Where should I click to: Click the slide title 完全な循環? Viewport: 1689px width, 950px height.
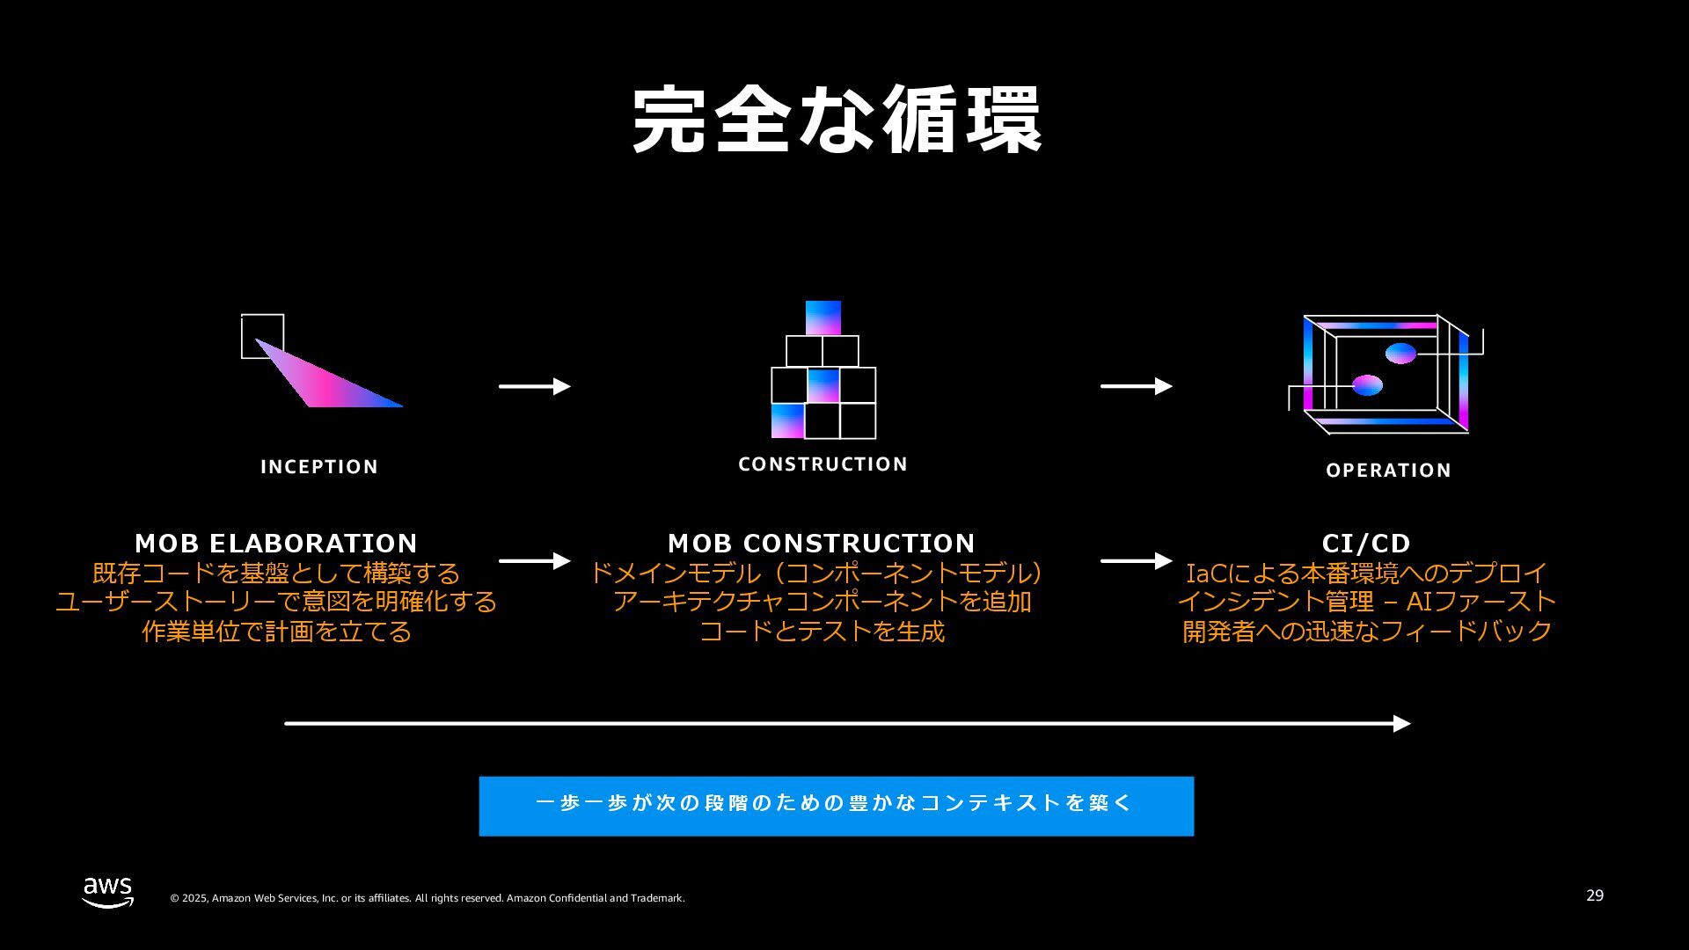point(837,121)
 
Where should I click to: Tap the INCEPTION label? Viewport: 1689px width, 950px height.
point(319,467)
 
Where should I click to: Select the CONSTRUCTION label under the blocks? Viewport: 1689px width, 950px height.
point(823,464)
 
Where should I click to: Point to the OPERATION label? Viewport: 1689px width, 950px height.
point(1388,471)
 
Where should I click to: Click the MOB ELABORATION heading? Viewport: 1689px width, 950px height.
point(276,543)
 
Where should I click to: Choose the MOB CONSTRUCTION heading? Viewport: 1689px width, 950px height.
point(821,543)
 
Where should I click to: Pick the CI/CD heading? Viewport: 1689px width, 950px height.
point(1366,543)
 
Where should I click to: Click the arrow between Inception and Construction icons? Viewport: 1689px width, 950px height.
point(534,386)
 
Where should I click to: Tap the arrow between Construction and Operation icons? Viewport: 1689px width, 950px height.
point(1136,386)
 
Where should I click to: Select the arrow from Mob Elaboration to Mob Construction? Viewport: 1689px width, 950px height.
point(534,560)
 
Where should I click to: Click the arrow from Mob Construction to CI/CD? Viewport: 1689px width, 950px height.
point(1136,560)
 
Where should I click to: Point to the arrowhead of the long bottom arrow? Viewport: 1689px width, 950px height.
point(1402,724)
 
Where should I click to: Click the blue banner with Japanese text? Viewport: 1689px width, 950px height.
point(836,806)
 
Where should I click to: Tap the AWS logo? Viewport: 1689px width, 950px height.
point(108,892)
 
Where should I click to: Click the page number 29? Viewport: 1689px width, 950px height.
point(1595,895)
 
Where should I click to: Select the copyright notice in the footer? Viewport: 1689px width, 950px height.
point(427,898)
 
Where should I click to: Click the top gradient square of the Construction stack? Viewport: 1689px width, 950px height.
point(823,318)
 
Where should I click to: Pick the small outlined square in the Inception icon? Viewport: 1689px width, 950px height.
point(262,335)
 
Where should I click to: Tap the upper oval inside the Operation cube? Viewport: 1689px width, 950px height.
point(1400,354)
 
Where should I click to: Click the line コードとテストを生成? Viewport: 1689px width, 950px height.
point(822,632)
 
